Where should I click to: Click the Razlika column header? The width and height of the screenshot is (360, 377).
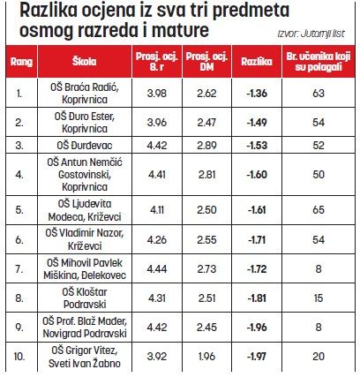tap(257, 62)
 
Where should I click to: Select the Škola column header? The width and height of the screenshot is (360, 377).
tap(84, 61)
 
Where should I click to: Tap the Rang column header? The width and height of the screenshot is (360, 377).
tap(21, 62)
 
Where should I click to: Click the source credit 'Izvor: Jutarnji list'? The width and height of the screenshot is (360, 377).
tap(311, 34)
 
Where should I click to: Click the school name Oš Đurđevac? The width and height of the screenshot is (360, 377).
tap(85, 145)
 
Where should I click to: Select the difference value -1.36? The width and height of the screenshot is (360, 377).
tap(257, 94)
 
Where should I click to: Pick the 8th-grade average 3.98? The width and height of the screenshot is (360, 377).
tap(157, 94)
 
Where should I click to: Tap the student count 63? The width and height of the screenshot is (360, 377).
tap(319, 94)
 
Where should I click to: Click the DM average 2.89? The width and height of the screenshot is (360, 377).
tap(206, 145)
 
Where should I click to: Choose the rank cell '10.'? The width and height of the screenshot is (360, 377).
tap(19, 357)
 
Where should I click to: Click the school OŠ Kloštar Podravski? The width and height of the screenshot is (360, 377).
tap(85, 298)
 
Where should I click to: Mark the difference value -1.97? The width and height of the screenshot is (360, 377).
tap(257, 357)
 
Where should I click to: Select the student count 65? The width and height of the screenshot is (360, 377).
tap(319, 210)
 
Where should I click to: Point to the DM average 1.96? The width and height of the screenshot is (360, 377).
tap(206, 357)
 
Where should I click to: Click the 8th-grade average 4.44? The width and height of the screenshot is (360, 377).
tap(157, 268)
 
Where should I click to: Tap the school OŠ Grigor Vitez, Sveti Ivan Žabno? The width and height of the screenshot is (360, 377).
tap(85, 357)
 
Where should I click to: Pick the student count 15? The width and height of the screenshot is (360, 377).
tap(319, 298)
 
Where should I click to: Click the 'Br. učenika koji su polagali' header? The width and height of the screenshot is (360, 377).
tap(319, 62)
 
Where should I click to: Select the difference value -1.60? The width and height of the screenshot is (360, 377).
tap(257, 175)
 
